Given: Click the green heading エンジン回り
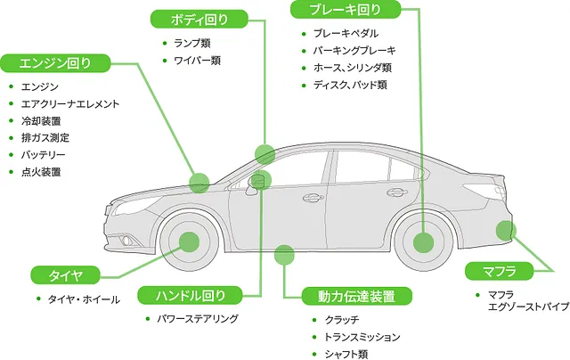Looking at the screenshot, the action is [55, 63].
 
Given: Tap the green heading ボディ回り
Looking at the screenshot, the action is [199, 19].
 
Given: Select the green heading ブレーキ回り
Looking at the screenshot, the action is [346, 9].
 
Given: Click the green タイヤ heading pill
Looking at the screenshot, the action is [65, 275].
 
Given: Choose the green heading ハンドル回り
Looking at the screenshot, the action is [190, 295].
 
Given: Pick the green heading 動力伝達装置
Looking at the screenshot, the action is [356, 296].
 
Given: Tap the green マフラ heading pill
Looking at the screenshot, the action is [499, 271].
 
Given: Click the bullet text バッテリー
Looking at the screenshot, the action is [43, 155].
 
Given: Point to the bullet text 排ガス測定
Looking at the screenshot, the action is [45, 138].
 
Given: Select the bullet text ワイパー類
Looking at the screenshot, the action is [198, 60].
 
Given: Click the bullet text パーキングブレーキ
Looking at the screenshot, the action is [354, 51].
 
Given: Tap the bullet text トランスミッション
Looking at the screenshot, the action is [362, 337].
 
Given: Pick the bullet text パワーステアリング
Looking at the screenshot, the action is [198, 318].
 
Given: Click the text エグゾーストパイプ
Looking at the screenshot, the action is [528, 307].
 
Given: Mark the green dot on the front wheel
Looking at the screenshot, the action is [189, 241].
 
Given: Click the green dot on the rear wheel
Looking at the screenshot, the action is [424, 242].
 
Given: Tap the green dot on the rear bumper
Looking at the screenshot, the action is [506, 231].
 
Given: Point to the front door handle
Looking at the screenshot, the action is [313, 198].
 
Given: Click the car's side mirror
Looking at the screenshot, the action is [256, 184].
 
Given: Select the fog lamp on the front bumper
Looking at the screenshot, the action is [126, 240].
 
